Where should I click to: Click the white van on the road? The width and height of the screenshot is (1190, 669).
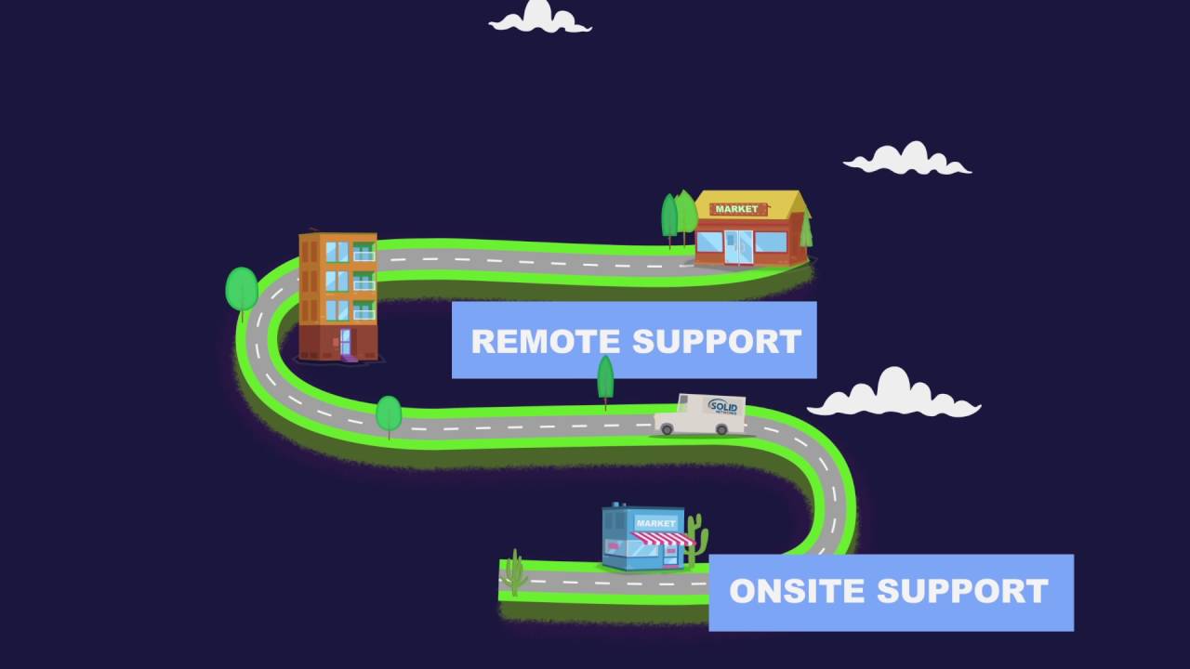pos(699,415)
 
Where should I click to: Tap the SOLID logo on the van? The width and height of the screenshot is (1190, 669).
pos(722,407)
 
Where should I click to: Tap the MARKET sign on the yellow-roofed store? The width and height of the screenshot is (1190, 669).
pos(736,209)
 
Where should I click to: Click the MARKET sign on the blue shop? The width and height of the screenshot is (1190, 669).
pos(655,523)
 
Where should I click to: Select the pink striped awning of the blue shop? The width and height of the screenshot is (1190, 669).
pos(663,538)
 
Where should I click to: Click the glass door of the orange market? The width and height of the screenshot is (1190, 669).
pos(739,246)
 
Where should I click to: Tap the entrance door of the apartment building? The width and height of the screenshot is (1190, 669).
pos(345,342)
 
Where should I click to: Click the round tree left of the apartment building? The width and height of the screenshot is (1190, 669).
pos(242,289)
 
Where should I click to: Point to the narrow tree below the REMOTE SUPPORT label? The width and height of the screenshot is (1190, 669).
pos(605,378)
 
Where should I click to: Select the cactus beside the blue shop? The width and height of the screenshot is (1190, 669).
pos(696,540)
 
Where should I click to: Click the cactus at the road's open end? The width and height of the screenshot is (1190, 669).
pos(514,573)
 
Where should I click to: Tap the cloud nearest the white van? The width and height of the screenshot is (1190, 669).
pos(893,395)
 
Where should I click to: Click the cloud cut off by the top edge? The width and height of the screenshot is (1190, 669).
pos(540,18)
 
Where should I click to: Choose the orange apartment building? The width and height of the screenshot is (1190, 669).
pos(337,295)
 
